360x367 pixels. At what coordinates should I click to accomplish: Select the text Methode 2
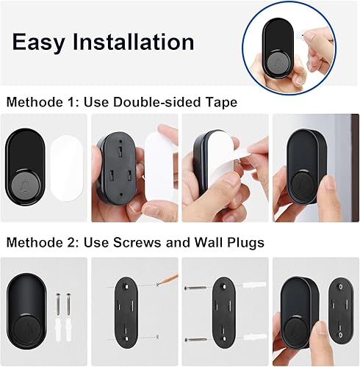(38, 241)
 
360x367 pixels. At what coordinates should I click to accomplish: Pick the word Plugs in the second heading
(245, 241)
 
